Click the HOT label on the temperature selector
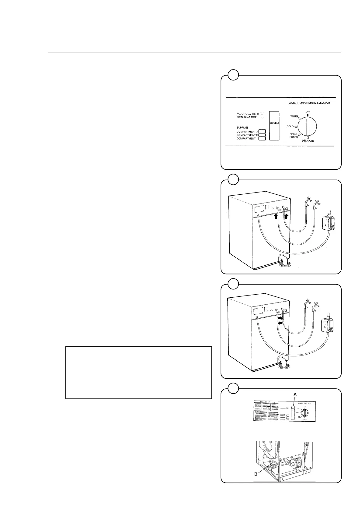point(307,112)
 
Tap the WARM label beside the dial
point(294,116)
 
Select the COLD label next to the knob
point(290,126)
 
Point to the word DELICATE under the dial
point(308,141)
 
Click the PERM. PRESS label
point(294,136)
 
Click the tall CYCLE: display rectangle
point(274,126)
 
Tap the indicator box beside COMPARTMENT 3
point(262,132)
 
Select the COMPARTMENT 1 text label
point(247,139)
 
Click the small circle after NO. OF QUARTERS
point(262,114)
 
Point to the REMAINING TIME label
point(246,117)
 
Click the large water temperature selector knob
point(307,126)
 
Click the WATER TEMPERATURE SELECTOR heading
point(309,103)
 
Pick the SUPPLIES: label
point(243,127)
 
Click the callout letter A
point(295,394)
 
